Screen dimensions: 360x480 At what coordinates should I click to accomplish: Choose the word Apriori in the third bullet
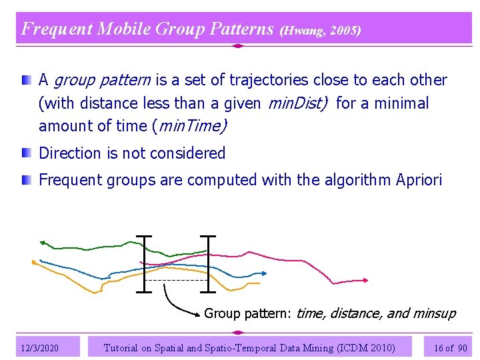tap(419, 180)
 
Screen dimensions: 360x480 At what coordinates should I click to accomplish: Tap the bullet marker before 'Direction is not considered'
tap(25, 153)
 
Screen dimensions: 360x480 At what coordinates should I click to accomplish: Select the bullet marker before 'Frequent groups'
tap(25, 179)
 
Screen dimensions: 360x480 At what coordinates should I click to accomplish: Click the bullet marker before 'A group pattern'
tap(25, 80)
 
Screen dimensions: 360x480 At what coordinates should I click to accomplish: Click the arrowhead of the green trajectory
tap(42, 243)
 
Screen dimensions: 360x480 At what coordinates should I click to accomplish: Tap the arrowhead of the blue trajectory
tap(265, 273)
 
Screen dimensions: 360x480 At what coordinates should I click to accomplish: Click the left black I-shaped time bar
tap(143, 263)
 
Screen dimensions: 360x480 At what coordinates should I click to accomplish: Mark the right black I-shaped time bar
tap(208, 263)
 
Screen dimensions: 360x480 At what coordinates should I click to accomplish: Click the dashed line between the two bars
tap(176, 281)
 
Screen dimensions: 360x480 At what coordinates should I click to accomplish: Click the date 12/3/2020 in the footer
tap(40, 347)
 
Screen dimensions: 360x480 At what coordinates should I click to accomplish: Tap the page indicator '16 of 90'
tap(451, 347)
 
